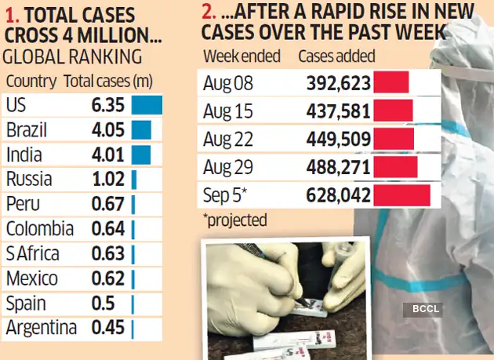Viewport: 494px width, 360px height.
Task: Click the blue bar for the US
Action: pos(147,105)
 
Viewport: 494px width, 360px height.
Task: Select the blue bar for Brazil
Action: pos(141,130)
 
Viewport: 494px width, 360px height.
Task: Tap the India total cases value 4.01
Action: pos(108,155)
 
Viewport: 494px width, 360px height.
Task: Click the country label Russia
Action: pos(28,180)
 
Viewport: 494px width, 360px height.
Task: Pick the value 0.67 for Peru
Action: pos(108,204)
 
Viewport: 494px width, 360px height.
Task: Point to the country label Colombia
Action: pos(39,229)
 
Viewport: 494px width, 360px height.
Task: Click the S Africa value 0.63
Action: pos(108,254)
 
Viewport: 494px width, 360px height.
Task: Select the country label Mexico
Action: pos(31,278)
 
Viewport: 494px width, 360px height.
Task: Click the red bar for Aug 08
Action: pos(391,84)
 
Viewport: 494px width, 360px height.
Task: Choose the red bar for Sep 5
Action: pos(401,195)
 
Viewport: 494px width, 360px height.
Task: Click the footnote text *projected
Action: pos(234,220)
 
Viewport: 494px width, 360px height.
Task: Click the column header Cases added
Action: pos(336,57)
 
